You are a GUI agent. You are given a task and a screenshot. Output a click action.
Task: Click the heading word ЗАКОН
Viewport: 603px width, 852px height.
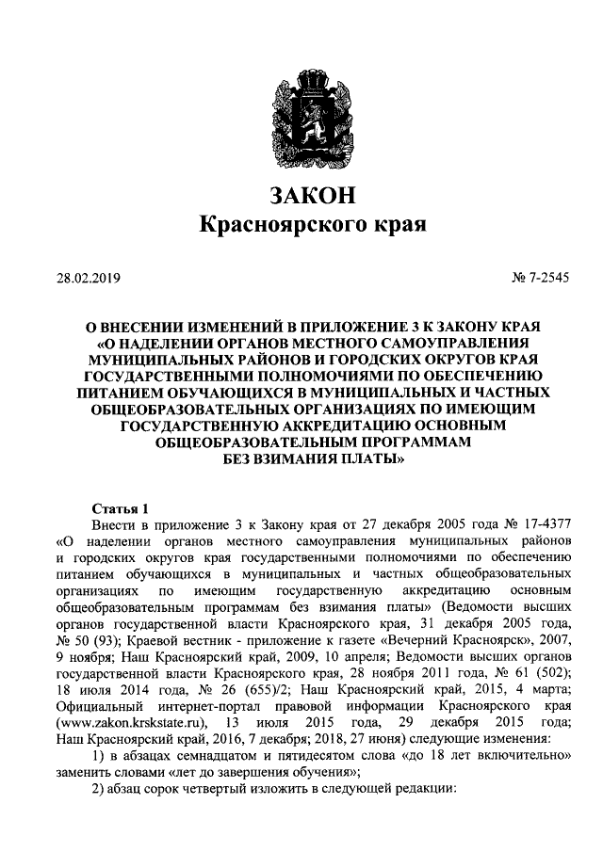(x=301, y=197)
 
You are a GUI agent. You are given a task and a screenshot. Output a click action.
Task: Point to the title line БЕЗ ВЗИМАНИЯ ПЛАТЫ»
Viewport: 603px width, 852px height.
(x=301, y=461)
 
